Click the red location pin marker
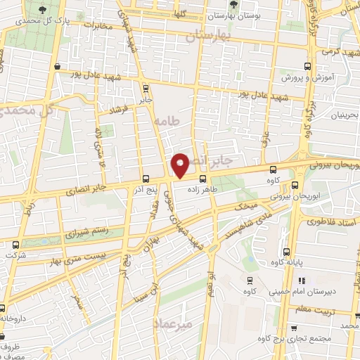(181, 165)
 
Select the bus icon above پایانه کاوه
(285, 252)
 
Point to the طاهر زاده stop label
(203, 190)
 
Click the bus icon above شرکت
(15, 244)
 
